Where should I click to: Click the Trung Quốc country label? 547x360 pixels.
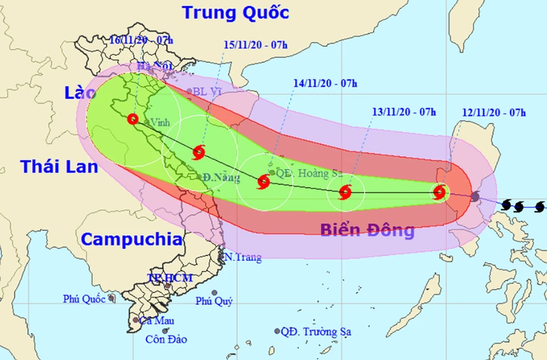click(x=236, y=13)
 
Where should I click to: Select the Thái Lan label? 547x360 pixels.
click(x=59, y=167)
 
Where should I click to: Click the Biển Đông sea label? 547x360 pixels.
click(x=367, y=231)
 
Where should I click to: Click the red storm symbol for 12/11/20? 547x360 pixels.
click(x=440, y=192)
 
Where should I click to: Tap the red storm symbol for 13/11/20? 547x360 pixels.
click(x=345, y=192)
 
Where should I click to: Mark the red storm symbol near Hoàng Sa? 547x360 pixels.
click(x=263, y=181)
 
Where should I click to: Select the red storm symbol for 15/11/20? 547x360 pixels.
click(x=199, y=152)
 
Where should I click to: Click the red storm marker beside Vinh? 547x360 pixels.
click(x=133, y=119)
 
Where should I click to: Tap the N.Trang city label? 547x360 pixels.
click(x=242, y=257)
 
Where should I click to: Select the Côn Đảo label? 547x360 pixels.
click(x=166, y=339)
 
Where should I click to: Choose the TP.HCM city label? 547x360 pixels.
click(x=170, y=278)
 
